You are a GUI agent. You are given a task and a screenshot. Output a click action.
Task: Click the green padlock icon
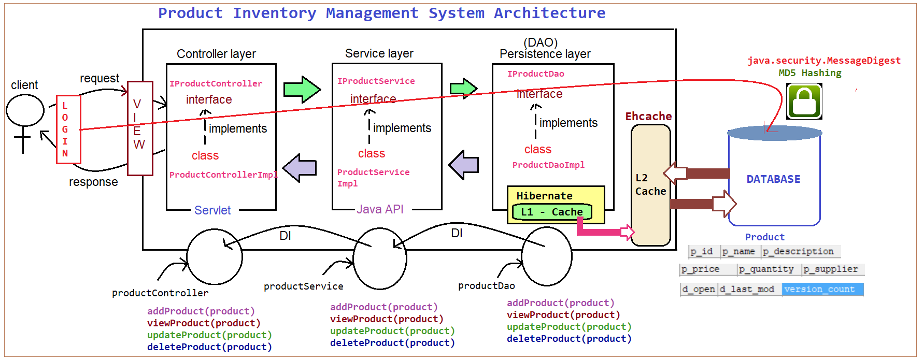tap(804, 102)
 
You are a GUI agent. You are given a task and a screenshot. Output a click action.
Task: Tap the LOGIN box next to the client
tap(68, 129)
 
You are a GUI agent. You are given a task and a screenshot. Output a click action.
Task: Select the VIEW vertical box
tap(139, 128)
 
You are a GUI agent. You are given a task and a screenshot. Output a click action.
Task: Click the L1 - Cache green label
tap(551, 212)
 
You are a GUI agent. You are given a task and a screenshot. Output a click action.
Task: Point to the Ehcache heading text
tap(648, 117)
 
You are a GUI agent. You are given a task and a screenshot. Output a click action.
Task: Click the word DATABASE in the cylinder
tap(773, 179)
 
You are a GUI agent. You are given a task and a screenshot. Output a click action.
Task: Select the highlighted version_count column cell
tap(822, 289)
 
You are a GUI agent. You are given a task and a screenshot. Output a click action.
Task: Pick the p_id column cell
tap(702, 252)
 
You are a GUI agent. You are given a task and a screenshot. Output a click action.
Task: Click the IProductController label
tap(216, 83)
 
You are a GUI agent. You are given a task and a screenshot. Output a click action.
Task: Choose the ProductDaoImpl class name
tap(548, 165)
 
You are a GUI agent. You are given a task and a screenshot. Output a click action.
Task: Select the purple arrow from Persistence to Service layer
tap(463, 165)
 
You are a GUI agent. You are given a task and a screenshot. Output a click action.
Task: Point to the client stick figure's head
tap(25, 110)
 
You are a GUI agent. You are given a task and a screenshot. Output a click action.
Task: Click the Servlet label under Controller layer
tap(212, 210)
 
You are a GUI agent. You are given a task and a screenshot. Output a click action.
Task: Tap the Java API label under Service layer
tap(380, 209)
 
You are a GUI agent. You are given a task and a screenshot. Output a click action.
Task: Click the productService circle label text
tap(303, 286)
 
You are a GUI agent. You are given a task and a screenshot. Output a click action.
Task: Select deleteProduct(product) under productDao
tap(569, 339)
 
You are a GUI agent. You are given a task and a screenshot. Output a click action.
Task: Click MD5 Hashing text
tap(809, 73)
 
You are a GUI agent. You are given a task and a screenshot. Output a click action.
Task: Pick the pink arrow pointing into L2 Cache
tap(606, 231)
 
